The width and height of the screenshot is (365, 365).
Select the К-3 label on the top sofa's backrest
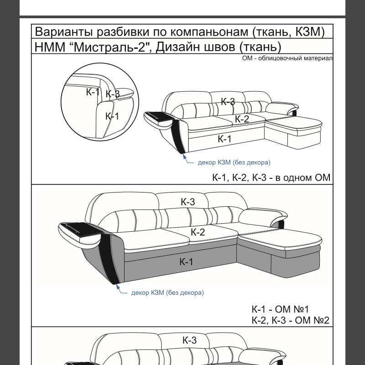[x=228, y=101]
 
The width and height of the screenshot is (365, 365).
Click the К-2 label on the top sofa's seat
[x=242, y=119]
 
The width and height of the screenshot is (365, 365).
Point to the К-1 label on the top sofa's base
[x=224, y=139]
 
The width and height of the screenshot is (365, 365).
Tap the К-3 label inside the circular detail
[x=113, y=94]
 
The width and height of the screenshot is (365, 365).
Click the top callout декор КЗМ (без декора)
[x=234, y=162]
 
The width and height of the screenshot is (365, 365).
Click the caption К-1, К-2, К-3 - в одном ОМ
[x=271, y=177]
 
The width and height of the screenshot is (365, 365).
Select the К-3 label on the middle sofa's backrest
[x=188, y=202]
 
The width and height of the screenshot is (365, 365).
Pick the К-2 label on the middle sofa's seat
[x=198, y=232]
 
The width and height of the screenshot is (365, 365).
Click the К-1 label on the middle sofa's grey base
[x=186, y=262]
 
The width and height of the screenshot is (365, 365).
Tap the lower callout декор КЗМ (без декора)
[x=167, y=292]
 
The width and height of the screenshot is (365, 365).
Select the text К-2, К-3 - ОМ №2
[x=290, y=320]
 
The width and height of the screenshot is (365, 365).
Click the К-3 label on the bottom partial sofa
[x=189, y=340]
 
